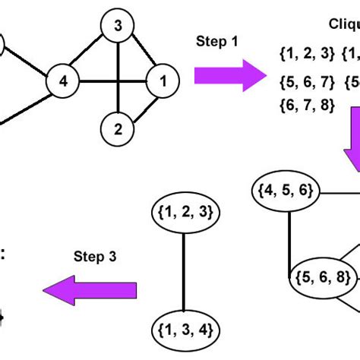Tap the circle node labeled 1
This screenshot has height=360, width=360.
161,81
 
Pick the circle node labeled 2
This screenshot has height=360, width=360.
117,128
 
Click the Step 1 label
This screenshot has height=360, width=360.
217,41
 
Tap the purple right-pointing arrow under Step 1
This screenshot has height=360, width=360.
225,74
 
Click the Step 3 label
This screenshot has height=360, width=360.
96,257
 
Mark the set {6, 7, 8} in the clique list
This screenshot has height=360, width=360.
307,106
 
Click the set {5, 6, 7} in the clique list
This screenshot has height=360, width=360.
307,80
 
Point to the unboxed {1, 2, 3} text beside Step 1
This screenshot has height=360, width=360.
307,54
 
